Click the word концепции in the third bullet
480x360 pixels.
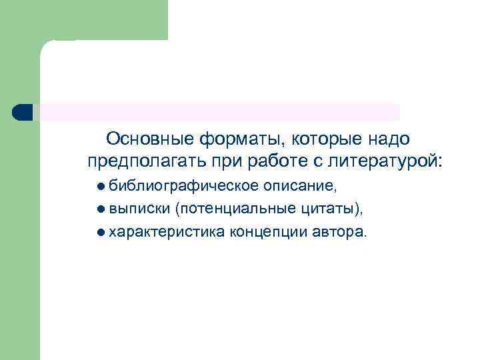pyautogui.click(x=269, y=233)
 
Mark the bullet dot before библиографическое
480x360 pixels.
pyautogui.click(x=100, y=185)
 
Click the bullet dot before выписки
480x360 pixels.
pyautogui.click(x=100, y=209)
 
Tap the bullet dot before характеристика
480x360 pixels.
pyautogui.click(x=100, y=233)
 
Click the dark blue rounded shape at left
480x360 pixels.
pyautogui.click(x=22, y=112)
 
